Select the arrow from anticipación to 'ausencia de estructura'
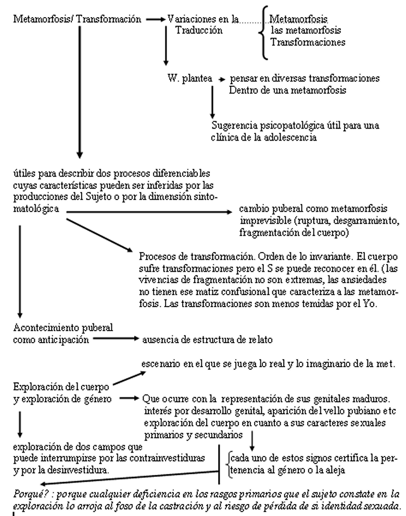pos(116,339)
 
